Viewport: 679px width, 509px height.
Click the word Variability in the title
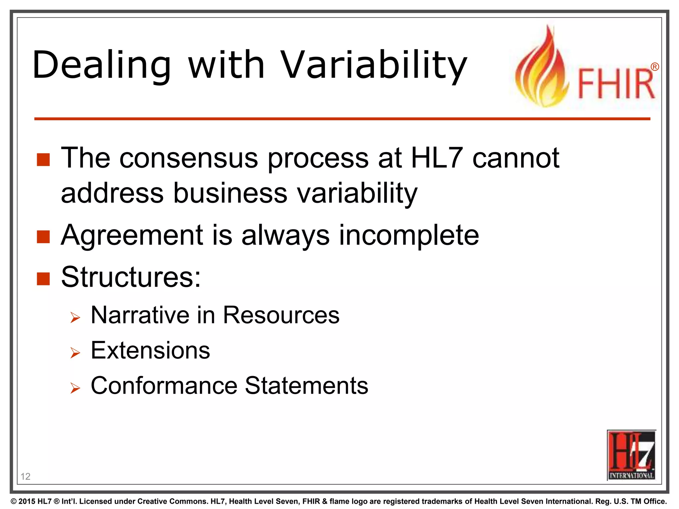click(x=374, y=65)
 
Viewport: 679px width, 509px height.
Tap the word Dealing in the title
click(x=101, y=65)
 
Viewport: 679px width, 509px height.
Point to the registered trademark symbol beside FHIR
click(x=654, y=67)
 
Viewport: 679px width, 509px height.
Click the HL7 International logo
click(x=631, y=455)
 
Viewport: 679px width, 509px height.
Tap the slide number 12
click(x=26, y=477)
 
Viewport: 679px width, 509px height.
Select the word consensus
click(x=188, y=158)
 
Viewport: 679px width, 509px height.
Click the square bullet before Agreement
click(x=43, y=237)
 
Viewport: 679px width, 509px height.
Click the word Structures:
click(x=131, y=277)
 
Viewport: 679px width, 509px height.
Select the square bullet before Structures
click(x=43, y=279)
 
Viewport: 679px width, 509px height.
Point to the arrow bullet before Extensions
click(x=75, y=353)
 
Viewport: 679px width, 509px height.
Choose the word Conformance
click(x=164, y=386)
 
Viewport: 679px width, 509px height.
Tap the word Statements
click(x=307, y=386)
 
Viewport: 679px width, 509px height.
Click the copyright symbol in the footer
click(x=14, y=501)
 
